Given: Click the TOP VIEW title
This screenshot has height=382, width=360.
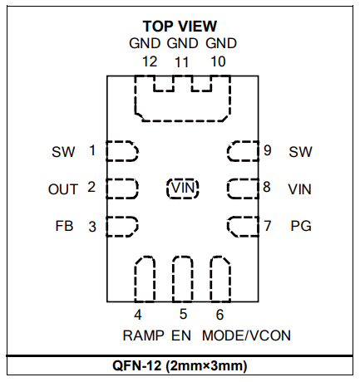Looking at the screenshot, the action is [x=180, y=27].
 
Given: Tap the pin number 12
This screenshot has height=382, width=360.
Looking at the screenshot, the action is [x=150, y=61].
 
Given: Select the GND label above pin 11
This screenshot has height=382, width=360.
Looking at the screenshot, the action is [x=182, y=43].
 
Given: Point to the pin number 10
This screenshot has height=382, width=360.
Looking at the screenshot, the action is [x=218, y=61].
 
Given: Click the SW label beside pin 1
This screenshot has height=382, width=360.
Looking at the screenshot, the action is [x=63, y=152].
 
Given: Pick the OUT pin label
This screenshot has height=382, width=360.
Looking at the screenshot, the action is [x=63, y=189].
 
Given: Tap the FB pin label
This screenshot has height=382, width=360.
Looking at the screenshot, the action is [x=64, y=226].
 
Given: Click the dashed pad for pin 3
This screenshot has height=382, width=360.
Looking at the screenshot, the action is [x=122, y=227].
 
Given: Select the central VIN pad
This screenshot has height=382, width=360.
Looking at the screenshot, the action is [x=183, y=189].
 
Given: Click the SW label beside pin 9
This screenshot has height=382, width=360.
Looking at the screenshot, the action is [x=300, y=152].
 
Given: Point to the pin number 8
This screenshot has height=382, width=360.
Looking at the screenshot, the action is [x=267, y=187].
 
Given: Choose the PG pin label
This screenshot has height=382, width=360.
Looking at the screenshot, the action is [x=301, y=226].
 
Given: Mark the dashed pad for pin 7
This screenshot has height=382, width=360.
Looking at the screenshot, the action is [x=243, y=227].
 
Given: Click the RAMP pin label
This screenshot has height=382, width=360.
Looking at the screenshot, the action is [x=144, y=335].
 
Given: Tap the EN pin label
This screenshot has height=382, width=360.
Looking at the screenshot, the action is [x=181, y=335].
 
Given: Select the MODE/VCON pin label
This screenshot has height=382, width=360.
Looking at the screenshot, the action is [x=246, y=335].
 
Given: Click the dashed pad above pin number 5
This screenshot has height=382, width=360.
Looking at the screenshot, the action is [x=183, y=279].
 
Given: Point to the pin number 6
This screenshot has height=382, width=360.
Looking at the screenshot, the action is [x=219, y=315].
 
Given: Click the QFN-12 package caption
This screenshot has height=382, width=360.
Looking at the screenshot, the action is [x=180, y=365].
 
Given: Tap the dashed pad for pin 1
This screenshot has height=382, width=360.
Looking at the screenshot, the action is [x=122, y=151].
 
